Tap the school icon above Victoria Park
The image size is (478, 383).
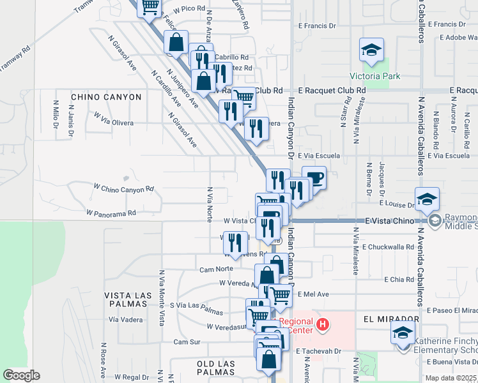pos(371,50)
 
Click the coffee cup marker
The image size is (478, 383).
pos(314,178)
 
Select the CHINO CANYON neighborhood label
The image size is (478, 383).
pos(106,97)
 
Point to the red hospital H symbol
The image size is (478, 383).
pos(323,325)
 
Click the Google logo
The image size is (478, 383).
pos(22,375)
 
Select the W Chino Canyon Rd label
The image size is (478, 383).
pos(124,188)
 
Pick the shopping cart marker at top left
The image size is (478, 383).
pos(150,8)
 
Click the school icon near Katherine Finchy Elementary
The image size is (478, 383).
pos(403,333)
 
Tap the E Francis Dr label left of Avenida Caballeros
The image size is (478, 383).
pos(318,26)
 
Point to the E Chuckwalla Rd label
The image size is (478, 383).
pos(388,246)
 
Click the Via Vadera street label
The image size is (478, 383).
pos(127,319)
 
